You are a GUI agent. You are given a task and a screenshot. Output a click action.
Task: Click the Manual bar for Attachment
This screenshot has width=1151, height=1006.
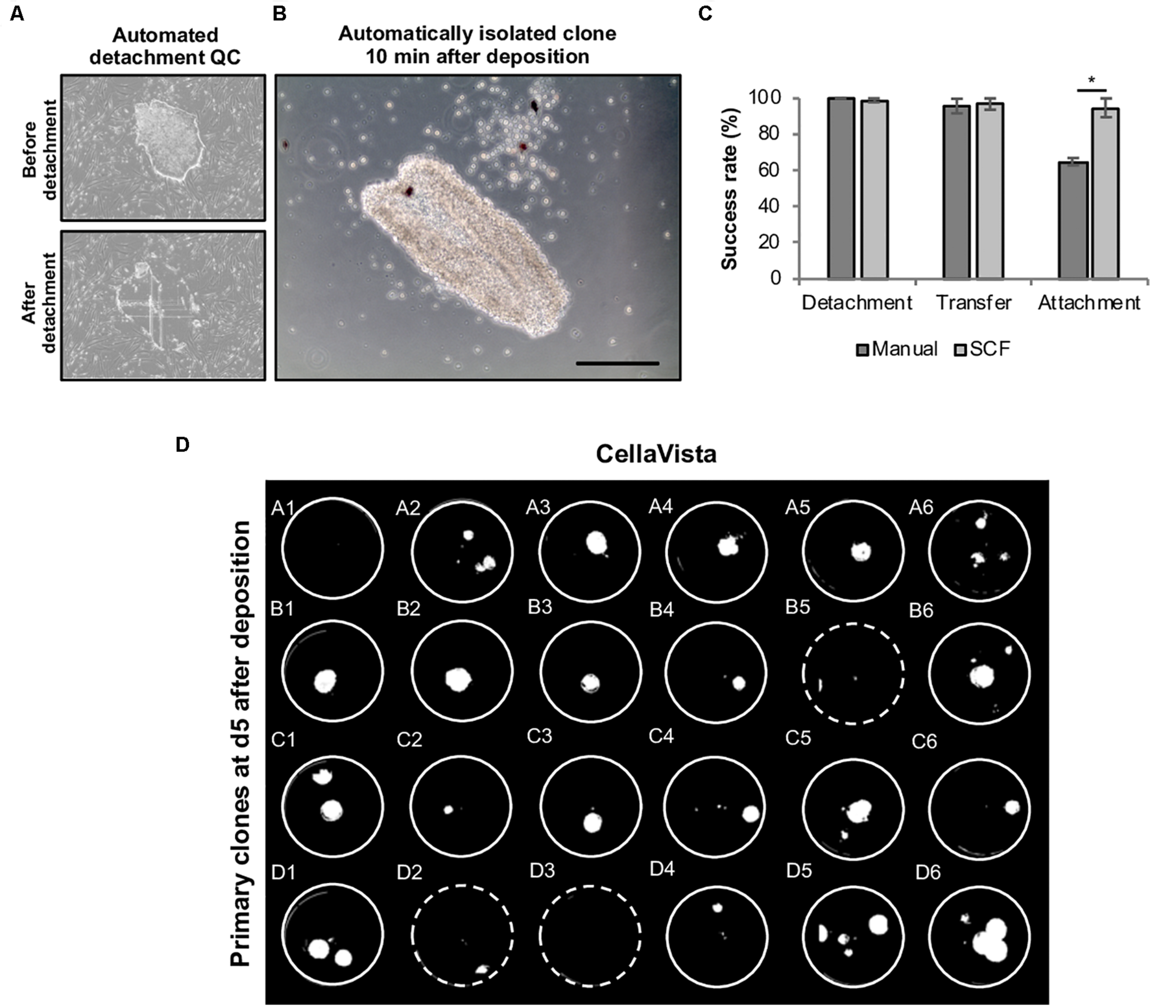tap(1072, 220)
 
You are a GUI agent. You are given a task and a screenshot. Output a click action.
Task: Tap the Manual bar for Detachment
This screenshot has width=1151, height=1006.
tap(841, 188)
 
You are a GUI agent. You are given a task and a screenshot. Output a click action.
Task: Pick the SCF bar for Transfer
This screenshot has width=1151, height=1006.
tap(990, 191)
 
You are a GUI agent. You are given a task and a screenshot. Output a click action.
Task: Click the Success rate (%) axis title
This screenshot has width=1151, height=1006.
tap(730, 188)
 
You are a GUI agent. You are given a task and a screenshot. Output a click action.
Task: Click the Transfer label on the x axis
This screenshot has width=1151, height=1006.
tap(973, 303)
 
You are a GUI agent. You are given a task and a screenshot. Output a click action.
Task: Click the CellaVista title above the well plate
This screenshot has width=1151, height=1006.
tap(656, 454)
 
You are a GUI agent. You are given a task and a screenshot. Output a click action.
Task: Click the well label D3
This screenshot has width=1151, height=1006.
tap(542, 871)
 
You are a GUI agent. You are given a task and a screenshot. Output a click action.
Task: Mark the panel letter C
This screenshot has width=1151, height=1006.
tap(704, 13)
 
